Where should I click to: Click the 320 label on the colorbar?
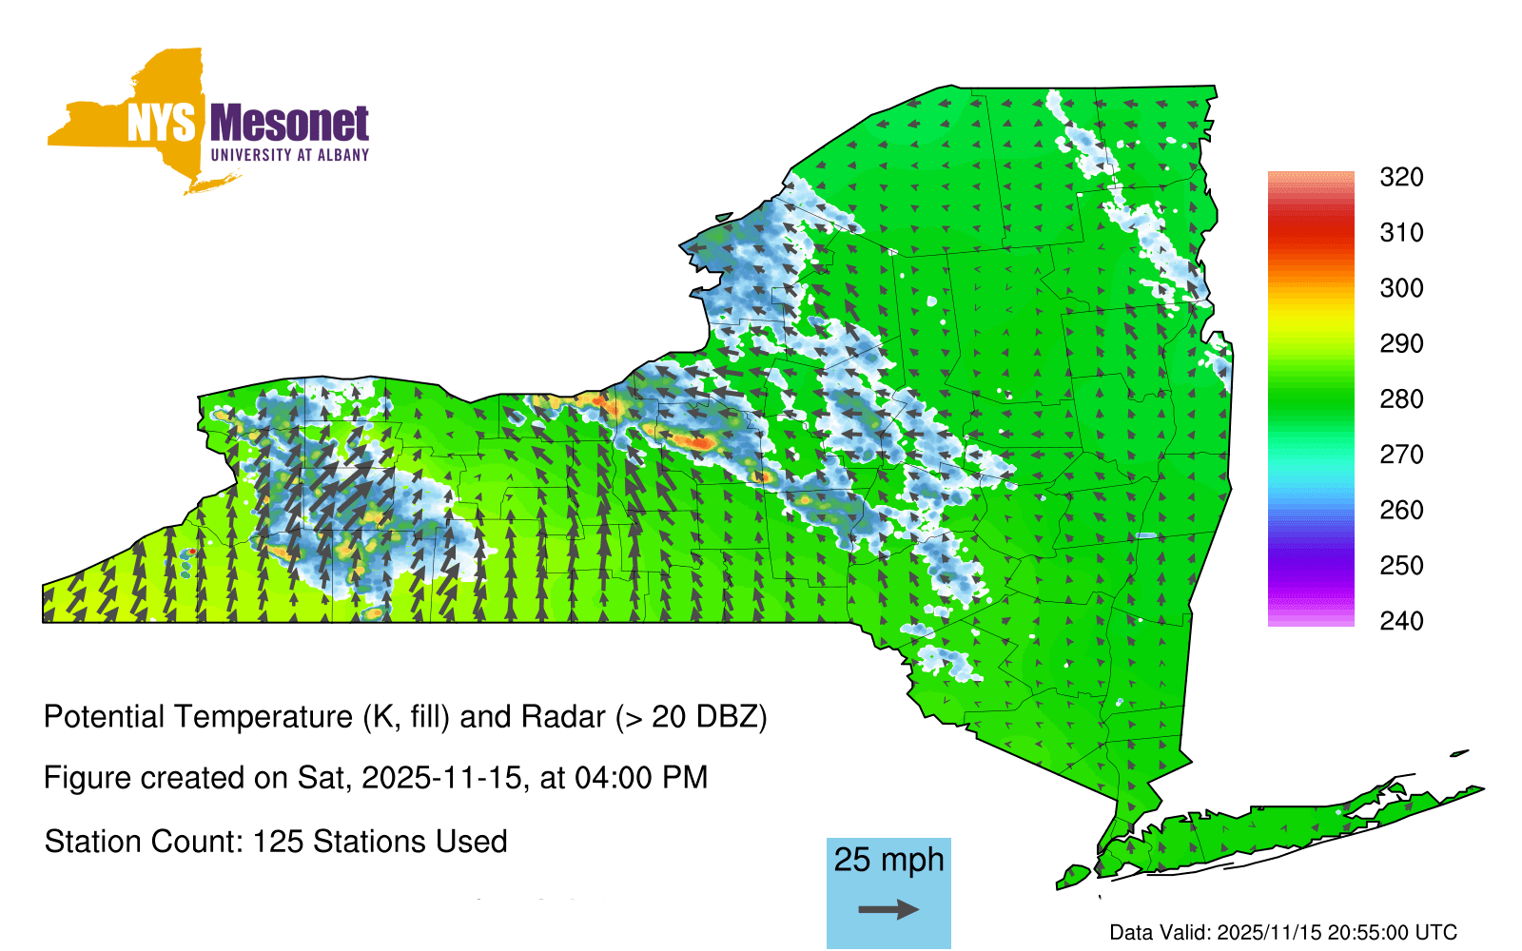click(x=1401, y=177)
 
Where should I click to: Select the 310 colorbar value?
click(x=1401, y=233)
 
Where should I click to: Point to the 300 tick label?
click(x=1401, y=288)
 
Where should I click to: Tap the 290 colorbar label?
click(x=1401, y=343)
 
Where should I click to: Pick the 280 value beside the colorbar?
click(x=1401, y=398)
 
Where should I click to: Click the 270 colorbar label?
click(x=1401, y=455)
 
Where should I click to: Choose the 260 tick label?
click(x=1401, y=510)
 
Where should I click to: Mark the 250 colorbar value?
click(x=1401, y=565)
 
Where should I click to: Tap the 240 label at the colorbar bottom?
click(x=1401, y=621)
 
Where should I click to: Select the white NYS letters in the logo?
click(x=162, y=124)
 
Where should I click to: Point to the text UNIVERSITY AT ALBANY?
click(x=290, y=155)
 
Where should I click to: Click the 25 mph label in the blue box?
click(x=888, y=861)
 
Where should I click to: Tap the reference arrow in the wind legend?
click(x=888, y=909)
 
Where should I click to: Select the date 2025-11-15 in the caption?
click(x=441, y=778)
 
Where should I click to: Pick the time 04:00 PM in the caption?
click(x=641, y=778)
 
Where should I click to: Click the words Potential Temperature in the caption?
click(x=199, y=717)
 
